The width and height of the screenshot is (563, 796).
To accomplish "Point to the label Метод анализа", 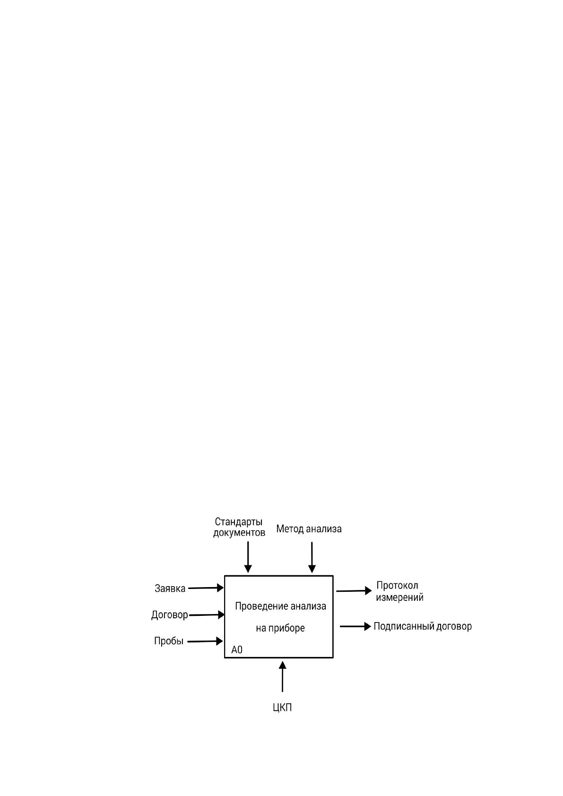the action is [x=309, y=529].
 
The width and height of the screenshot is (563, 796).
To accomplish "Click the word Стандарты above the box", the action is [x=239, y=522].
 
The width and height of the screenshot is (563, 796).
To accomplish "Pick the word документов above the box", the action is [x=239, y=533].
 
